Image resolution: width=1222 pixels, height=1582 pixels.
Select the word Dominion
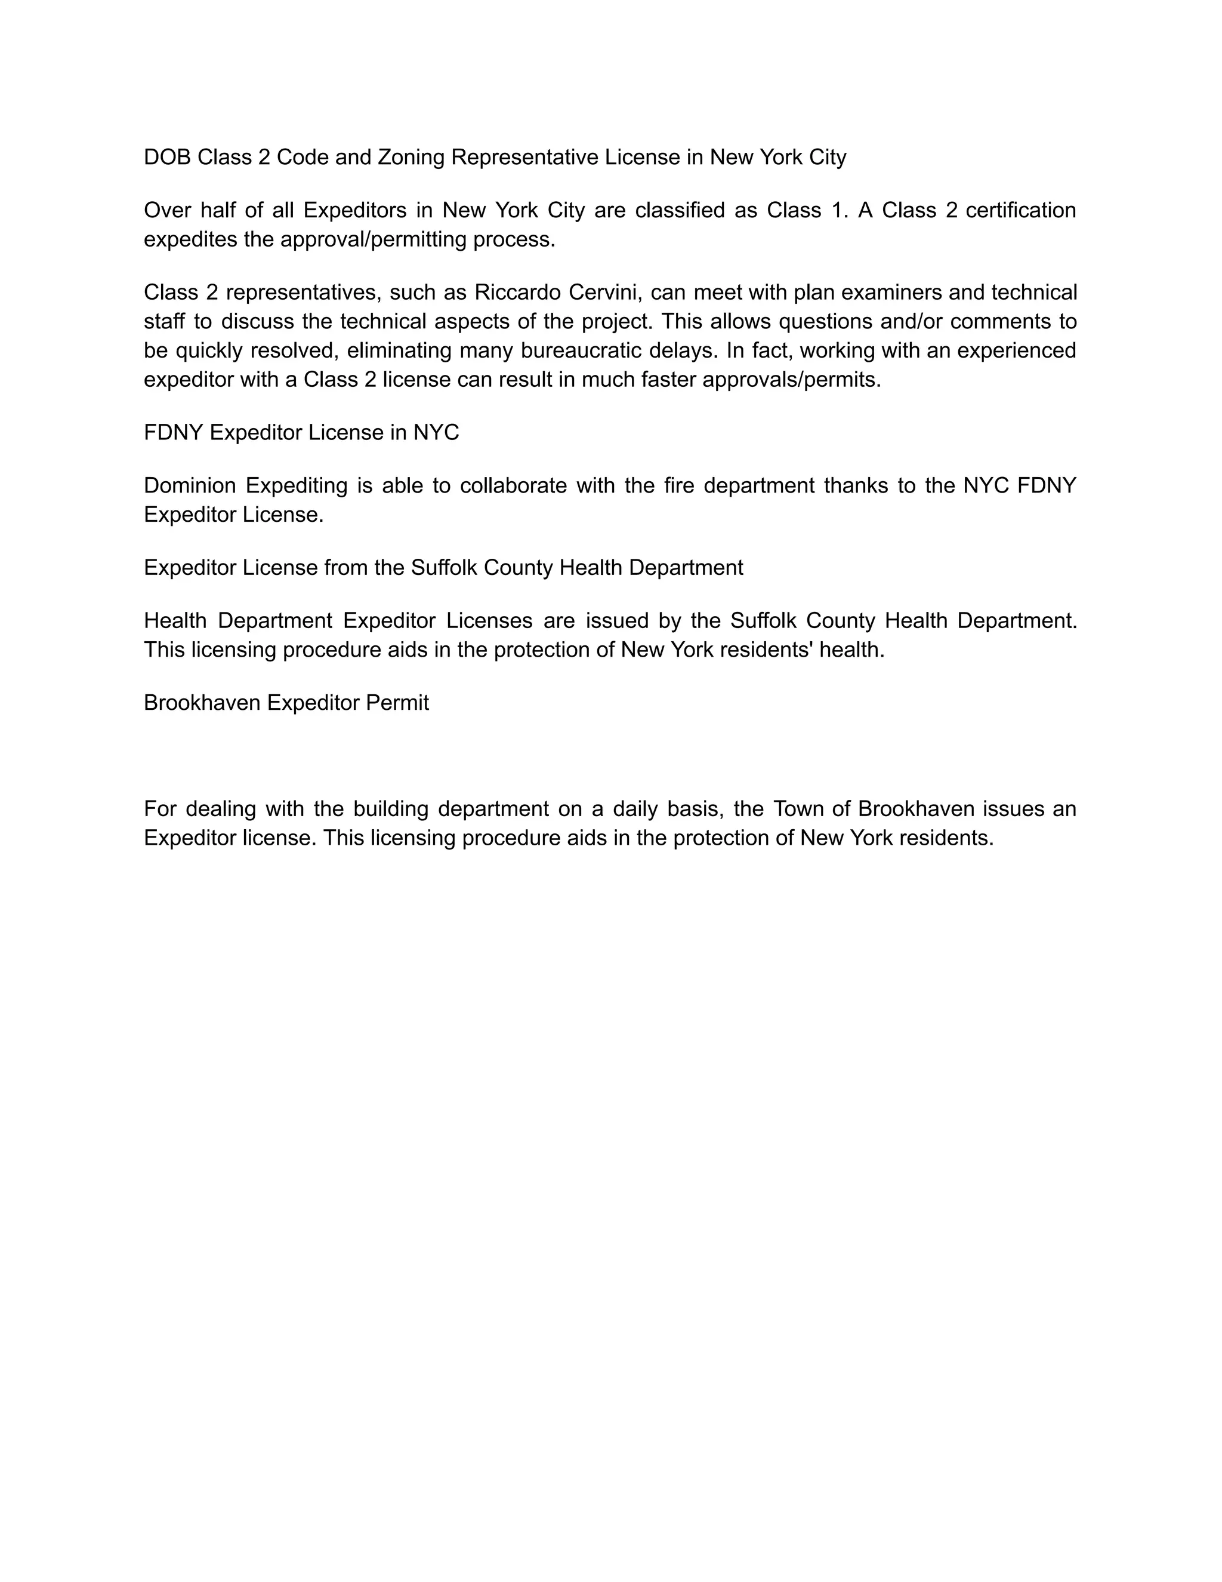pyautogui.click(x=190, y=485)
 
